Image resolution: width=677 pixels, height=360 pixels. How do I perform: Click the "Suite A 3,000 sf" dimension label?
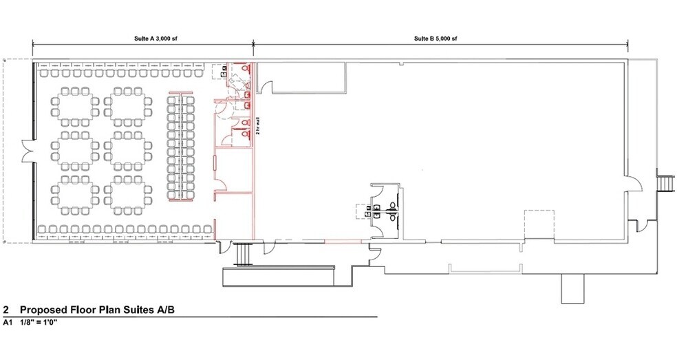click(x=155, y=39)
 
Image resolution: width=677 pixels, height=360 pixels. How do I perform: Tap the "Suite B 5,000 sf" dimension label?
click(x=436, y=39)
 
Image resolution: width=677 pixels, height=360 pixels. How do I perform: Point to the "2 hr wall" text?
click(x=258, y=126)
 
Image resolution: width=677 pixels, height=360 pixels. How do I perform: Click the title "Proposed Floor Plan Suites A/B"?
click(x=98, y=310)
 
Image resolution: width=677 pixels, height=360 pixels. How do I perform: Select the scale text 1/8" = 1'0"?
click(x=39, y=322)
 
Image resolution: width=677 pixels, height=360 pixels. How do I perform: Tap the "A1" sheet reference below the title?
click(x=8, y=322)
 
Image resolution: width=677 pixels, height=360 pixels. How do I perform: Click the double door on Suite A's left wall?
click(x=27, y=152)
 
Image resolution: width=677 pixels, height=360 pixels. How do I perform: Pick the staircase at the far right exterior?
click(x=665, y=183)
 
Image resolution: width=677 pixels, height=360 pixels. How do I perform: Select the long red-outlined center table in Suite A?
click(x=180, y=147)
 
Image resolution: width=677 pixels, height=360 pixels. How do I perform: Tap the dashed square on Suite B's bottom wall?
click(x=539, y=224)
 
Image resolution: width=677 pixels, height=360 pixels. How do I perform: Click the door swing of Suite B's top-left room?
click(x=266, y=87)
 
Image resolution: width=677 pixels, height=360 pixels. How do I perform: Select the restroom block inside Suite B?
click(x=386, y=210)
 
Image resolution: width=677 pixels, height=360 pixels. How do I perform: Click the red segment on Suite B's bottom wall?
click(x=343, y=240)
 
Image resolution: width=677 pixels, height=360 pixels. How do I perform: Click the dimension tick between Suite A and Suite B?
click(x=253, y=43)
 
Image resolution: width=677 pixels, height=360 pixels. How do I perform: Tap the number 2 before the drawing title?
click(x=6, y=310)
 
